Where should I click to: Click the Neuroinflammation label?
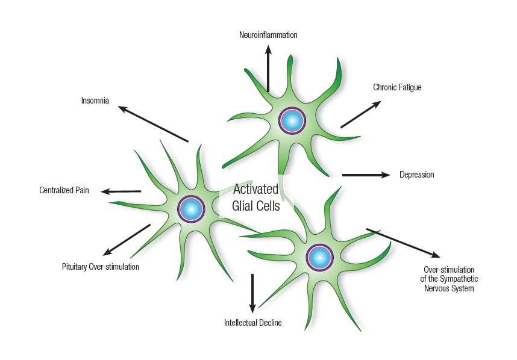[268, 35]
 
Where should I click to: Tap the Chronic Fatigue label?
[397, 87]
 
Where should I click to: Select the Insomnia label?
[95, 101]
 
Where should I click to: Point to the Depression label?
[416, 175]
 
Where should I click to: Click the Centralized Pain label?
[64, 191]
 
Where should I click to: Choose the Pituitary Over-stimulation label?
[101, 266]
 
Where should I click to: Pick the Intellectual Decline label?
[252, 323]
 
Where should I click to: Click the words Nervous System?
[449, 288]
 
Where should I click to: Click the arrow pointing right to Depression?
[366, 175]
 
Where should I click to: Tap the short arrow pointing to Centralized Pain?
[121, 191]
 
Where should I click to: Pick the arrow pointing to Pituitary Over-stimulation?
[127, 240]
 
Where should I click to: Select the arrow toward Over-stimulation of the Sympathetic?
[403, 243]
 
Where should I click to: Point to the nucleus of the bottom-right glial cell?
[319, 257]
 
